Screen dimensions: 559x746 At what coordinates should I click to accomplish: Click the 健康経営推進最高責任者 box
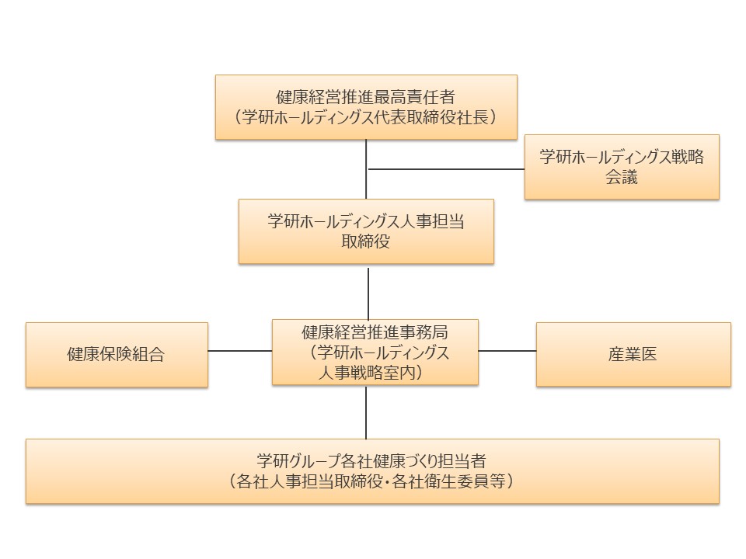click(x=366, y=107)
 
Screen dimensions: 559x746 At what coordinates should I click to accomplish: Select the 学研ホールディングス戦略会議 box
click(x=622, y=166)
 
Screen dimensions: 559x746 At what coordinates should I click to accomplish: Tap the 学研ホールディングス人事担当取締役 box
click(x=366, y=231)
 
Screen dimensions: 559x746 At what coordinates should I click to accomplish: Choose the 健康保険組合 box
click(x=117, y=355)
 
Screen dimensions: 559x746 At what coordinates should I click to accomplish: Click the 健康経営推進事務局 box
click(x=375, y=352)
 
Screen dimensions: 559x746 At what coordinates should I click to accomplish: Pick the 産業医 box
click(x=633, y=355)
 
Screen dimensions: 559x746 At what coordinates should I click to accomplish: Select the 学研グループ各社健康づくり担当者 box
click(x=372, y=470)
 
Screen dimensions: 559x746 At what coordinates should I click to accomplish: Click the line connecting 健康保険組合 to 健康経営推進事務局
click(x=240, y=351)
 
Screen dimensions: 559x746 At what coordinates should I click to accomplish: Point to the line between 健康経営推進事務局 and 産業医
click(x=507, y=351)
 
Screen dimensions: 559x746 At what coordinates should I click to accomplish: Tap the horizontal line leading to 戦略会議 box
click(x=446, y=169)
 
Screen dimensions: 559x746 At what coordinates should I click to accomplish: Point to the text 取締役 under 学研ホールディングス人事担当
click(x=366, y=241)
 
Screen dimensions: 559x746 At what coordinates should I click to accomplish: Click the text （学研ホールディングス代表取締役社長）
click(x=366, y=117)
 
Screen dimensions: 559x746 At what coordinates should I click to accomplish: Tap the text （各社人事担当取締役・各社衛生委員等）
click(x=372, y=481)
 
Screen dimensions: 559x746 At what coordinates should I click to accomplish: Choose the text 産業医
click(x=633, y=355)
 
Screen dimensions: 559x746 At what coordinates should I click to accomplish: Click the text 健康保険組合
click(x=116, y=355)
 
